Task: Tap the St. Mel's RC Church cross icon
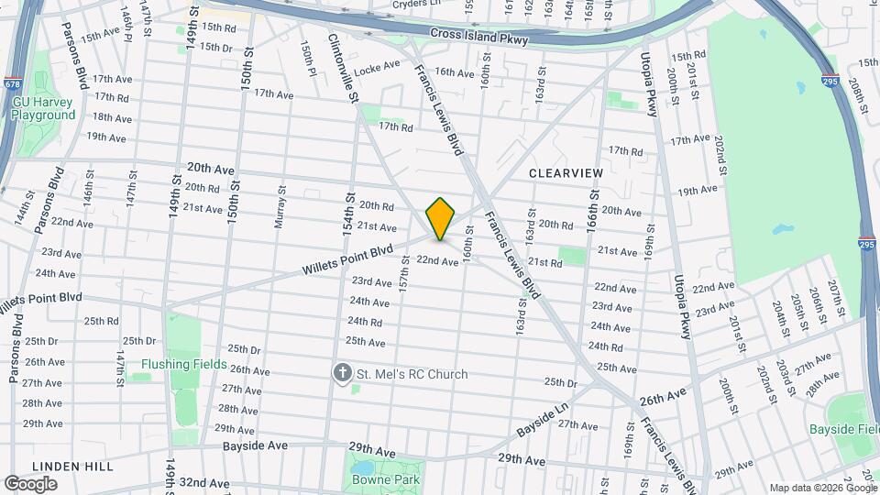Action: click(342, 373)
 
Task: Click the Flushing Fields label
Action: click(184, 364)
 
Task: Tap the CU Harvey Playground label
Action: click(44, 109)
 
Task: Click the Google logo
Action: click(30, 483)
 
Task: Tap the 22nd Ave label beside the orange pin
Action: click(437, 261)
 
